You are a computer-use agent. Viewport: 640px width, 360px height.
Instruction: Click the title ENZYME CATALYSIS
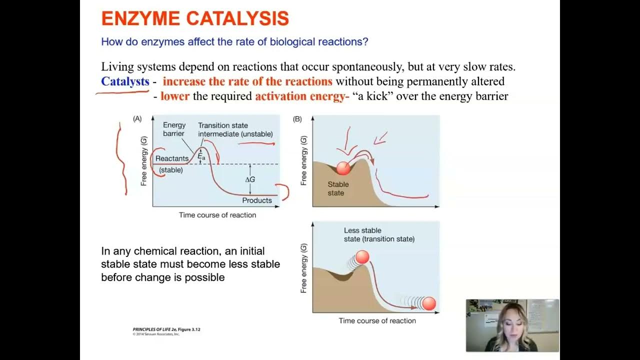(195, 18)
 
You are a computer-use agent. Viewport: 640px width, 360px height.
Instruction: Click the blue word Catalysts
(125, 81)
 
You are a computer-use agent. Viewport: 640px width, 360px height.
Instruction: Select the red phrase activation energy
(300, 96)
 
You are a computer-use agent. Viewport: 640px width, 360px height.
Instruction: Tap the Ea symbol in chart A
(201, 156)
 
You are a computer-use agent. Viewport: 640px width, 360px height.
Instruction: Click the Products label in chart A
(257, 200)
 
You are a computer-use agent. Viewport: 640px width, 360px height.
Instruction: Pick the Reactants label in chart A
(172, 158)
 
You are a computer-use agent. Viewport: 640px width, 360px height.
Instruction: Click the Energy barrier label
(174, 129)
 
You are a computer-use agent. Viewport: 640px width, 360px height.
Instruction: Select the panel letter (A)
(137, 119)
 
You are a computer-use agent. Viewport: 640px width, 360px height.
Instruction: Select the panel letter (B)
(297, 119)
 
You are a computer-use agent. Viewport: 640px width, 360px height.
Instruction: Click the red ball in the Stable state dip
(343, 168)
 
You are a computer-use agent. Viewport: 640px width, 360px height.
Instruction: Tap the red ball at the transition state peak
(362, 257)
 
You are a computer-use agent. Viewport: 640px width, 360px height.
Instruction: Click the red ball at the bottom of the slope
(429, 303)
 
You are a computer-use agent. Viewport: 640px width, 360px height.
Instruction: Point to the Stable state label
(338, 188)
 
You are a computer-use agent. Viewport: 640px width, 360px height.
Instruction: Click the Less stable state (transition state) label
(379, 234)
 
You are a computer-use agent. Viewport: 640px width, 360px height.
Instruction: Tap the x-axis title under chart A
(217, 215)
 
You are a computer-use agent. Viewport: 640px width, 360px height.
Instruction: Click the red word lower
(175, 96)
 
